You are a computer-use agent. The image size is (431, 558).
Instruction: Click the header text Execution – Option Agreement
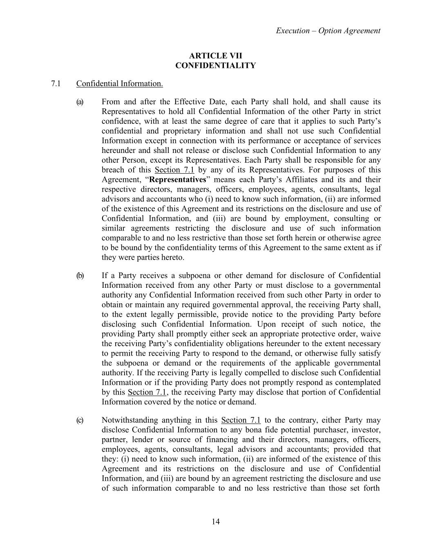point(328,31)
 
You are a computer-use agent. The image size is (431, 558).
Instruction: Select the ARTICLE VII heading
point(215,56)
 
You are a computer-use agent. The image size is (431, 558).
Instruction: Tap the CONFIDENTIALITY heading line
point(215,66)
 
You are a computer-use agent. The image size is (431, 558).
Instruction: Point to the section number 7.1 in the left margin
point(56,84)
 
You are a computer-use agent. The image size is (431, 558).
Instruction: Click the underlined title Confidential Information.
point(119,84)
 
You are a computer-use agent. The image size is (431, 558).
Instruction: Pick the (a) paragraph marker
point(80,102)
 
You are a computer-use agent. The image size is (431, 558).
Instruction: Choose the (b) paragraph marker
point(80,276)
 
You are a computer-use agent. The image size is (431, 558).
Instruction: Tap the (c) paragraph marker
point(80,420)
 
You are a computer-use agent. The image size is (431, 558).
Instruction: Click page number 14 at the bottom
point(216,521)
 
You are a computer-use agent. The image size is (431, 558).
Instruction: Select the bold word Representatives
point(178,180)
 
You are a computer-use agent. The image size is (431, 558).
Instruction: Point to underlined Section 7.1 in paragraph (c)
point(241,420)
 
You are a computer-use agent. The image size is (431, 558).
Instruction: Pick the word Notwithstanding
point(129,420)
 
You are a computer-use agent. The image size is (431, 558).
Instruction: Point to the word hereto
point(173,258)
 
